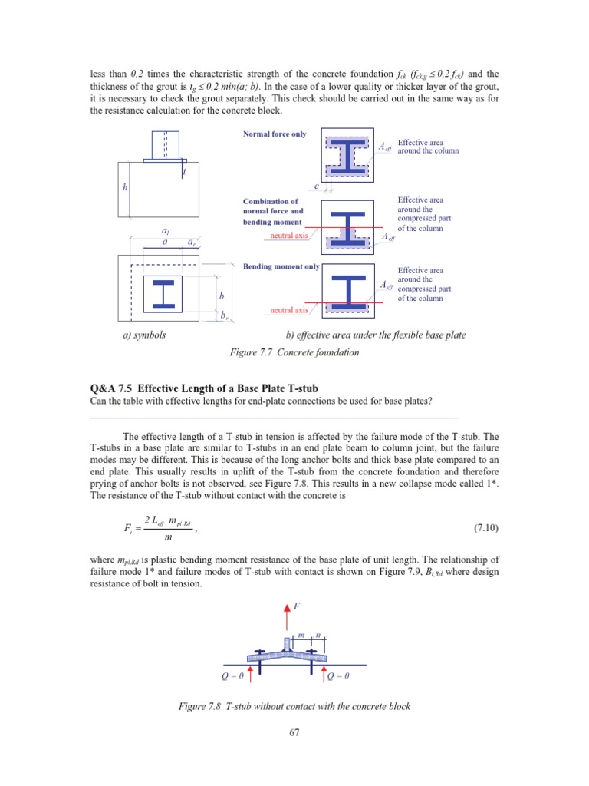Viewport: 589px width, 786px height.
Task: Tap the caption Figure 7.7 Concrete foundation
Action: (294, 352)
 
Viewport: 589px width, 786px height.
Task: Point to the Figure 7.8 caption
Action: (294, 706)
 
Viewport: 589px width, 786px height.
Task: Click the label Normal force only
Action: (274, 134)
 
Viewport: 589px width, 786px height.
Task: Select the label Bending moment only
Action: (281, 267)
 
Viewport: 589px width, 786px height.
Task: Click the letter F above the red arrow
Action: (298, 606)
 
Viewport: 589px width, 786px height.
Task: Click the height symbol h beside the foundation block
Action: (125, 187)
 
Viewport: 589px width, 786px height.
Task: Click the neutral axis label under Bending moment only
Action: (288, 310)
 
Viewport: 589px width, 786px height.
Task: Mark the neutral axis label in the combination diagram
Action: (288, 236)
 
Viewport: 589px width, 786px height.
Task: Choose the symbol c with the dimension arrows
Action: (315, 187)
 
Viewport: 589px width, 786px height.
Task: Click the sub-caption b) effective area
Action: (375, 335)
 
